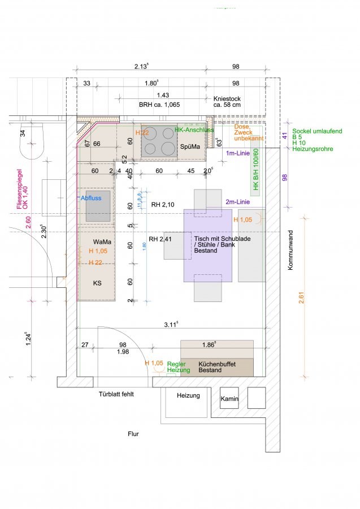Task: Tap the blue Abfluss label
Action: (x=90, y=199)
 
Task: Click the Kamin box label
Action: (x=229, y=399)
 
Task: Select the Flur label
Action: (x=133, y=434)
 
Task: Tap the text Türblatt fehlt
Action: (x=116, y=394)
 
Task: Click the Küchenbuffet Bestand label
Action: (x=217, y=366)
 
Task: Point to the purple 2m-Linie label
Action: (x=237, y=202)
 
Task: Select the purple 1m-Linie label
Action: (x=238, y=154)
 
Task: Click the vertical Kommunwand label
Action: (x=291, y=249)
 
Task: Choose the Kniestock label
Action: (x=227, y=101)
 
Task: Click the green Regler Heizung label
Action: (x=176, y=367)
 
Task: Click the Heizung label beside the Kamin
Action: (x=189, y=396)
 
